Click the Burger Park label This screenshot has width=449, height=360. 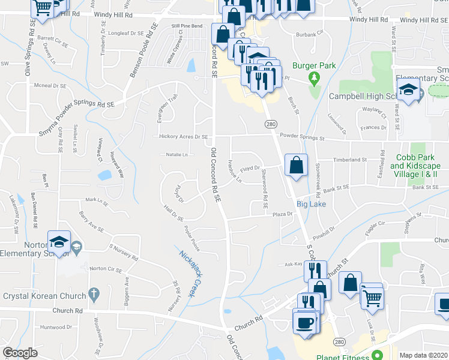pos(312,65)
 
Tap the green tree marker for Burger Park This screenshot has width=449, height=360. pos(312,77)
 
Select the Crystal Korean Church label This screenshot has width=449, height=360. pos(39,296)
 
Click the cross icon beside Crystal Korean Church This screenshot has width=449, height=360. pos(92,294)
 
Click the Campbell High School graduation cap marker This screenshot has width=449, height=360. pos(408,90)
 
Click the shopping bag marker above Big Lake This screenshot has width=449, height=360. pos(297,164)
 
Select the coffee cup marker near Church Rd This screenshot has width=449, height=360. pos(305,322)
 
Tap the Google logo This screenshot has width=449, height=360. pos(20,353)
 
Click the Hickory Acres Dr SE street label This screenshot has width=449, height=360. pos(184,137)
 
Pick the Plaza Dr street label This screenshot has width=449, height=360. pos(282,214)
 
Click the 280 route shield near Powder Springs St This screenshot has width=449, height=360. pos(271,122)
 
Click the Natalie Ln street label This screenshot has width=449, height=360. pos(176,155)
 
